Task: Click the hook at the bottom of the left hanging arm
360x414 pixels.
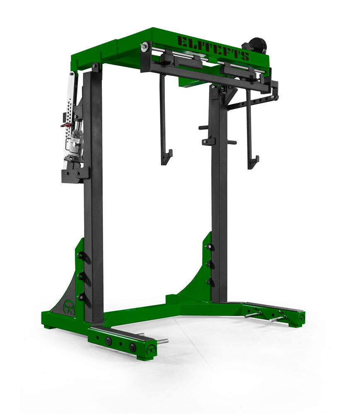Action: tap(167, 157)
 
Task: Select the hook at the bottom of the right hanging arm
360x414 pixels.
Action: tap(253, 161)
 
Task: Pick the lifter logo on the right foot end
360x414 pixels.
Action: tap(301, 318)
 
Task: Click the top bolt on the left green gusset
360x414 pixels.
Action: tap(81, 255)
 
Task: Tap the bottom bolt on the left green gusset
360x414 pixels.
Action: tap(81, 296)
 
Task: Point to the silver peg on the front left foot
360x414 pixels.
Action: tap(162, 341)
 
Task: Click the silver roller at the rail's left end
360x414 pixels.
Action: tap(144, 47)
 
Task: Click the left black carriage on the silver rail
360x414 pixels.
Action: tap(176, 61)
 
